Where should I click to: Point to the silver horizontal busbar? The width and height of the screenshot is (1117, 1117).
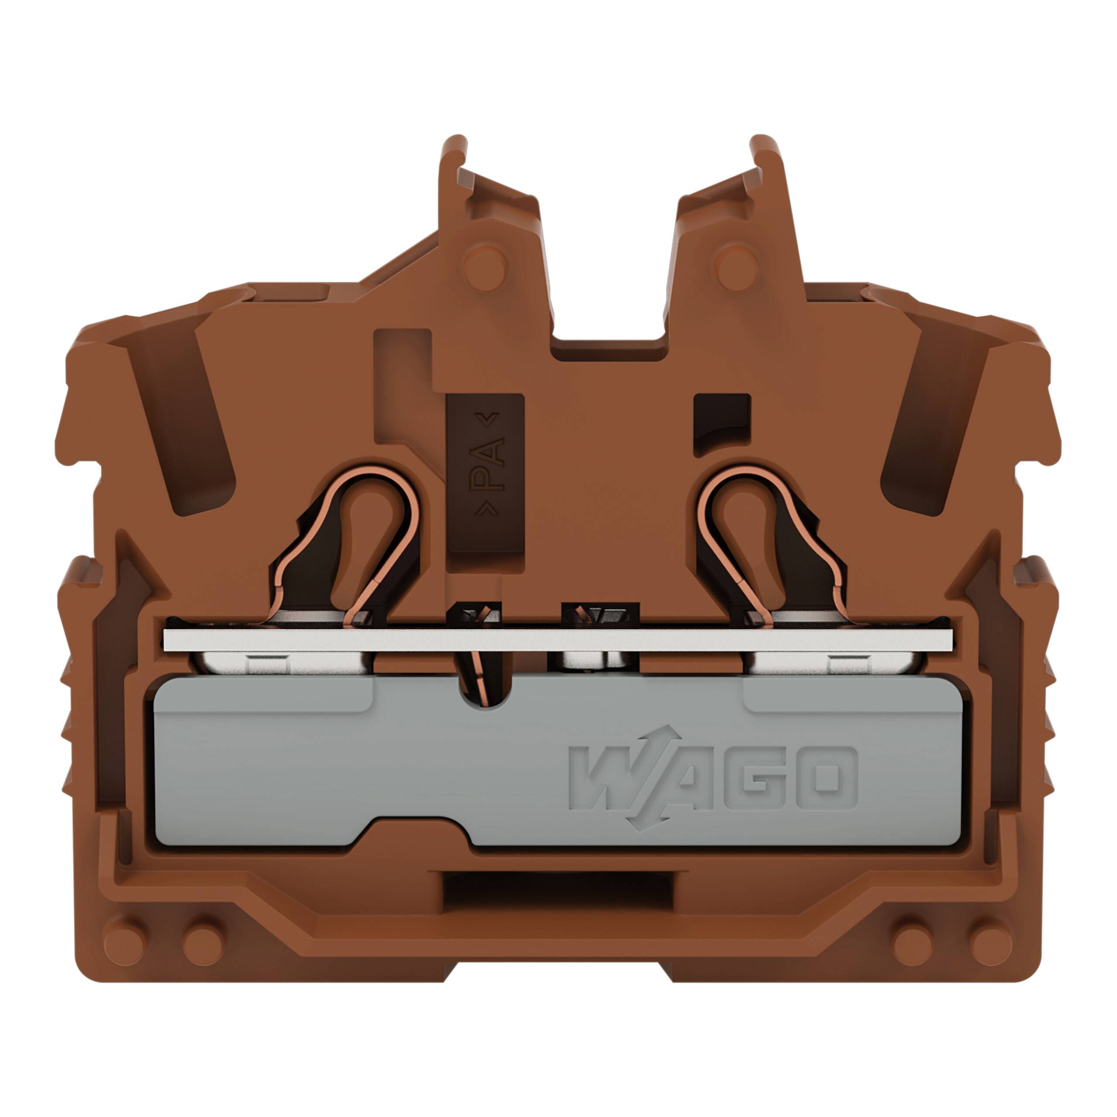pyautogui.click(x=558, y=640)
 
